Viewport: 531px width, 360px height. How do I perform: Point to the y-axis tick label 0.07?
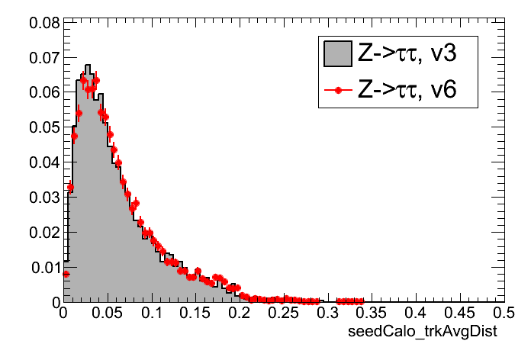tap(44, 57)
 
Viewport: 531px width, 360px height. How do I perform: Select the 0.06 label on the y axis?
tap(44, 92)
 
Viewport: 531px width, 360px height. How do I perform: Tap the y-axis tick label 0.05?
tap(44, 127)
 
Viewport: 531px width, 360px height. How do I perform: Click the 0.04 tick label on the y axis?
tap(44, 162)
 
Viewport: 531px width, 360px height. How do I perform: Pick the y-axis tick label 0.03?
tap(44, 198)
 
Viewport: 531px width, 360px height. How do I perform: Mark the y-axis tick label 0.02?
tap(44, 232)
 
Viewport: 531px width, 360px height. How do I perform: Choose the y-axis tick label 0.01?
tap(44, 267)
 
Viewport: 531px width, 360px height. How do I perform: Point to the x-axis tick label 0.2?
tap(240, 313)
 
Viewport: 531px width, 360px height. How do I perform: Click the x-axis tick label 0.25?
tap(283, 313)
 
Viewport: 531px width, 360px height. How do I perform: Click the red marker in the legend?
tap(336, 90)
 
